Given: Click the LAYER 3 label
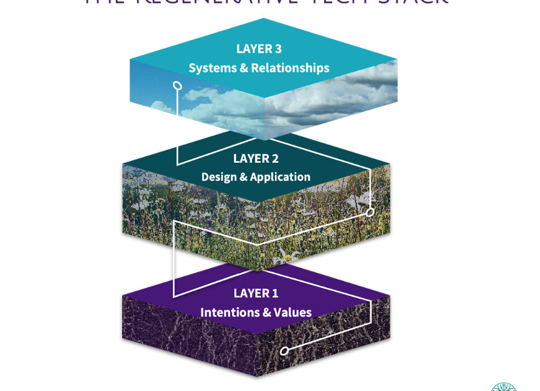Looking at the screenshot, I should (259, 49).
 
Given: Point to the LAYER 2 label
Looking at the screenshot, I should (256, 158).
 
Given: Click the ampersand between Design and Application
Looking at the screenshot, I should (242, 177).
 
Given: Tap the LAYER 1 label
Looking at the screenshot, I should (256, 294).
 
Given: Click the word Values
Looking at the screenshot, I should (292, 313).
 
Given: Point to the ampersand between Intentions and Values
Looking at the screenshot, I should (266, 313).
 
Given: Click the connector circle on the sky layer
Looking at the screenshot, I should (178, 86).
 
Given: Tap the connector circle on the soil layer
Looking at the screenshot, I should (284, 350).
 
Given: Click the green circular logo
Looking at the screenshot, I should (504, 386).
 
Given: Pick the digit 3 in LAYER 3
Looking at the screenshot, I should (278, 49).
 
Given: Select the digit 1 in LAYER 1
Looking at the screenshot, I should (275, 294).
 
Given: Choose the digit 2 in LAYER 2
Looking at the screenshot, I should (275, 158).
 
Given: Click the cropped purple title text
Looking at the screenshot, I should (266, 2).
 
